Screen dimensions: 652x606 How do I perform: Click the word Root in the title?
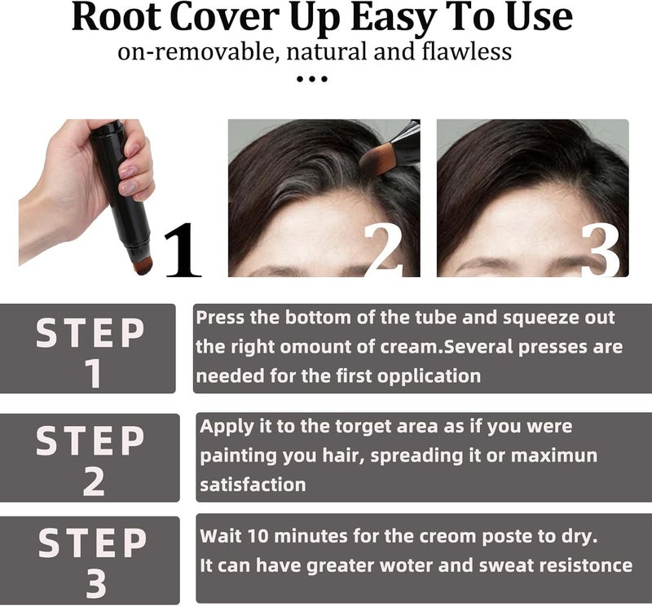pos(117,16)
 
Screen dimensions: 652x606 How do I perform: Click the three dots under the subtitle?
pos(312,78)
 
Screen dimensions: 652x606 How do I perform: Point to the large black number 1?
pos(182,250)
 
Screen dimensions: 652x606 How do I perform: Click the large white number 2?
pos(382,250)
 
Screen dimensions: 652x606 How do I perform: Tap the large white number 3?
pos(601,250)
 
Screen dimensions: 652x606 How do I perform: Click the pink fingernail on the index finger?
pos(127,171)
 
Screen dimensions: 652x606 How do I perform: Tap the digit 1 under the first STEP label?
pos(93,373)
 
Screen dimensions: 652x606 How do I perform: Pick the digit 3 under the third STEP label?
pos(96,583)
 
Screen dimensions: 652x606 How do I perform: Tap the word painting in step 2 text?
pos(239,456)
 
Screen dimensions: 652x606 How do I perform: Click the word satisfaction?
pos(253,485)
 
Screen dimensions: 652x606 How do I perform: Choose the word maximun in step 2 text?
pos(553,456)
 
